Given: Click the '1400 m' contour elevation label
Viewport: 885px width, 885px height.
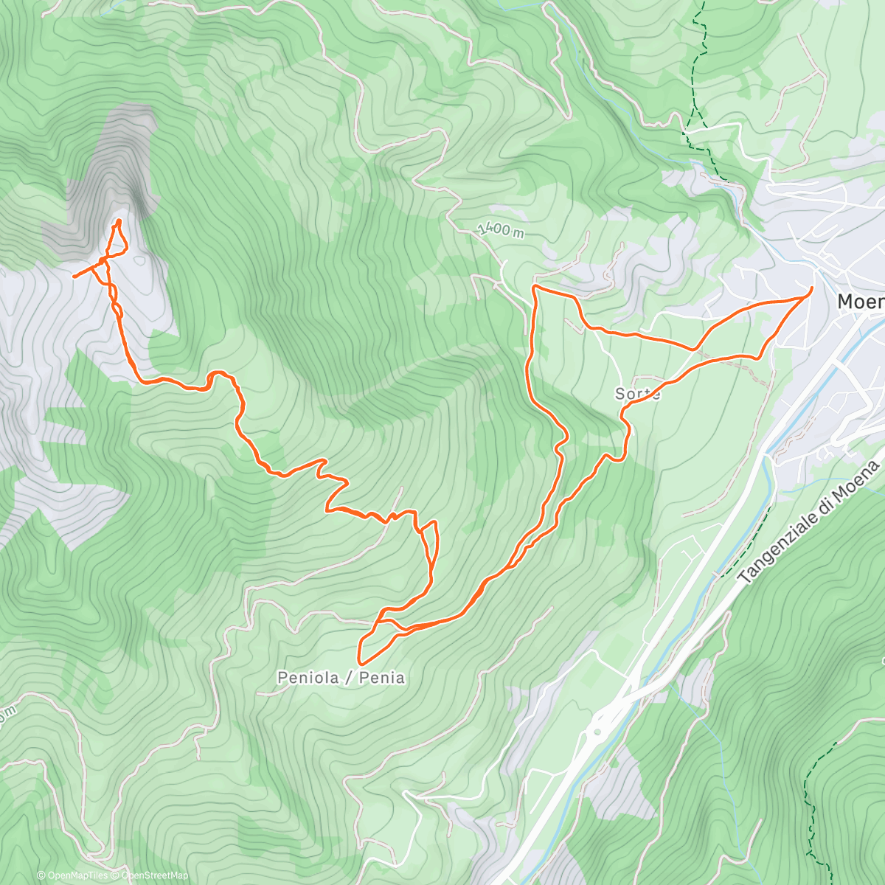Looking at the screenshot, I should click(501, 230).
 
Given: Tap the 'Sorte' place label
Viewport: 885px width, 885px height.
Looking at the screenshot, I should click(637, 394).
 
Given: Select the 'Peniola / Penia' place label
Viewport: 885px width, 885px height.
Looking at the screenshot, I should click(341, 677).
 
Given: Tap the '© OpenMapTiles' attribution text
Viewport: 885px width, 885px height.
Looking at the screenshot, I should click(72, 875).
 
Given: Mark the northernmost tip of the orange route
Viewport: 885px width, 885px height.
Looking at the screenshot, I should click(119, 221).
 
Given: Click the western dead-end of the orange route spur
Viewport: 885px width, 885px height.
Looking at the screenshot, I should click(74, 277).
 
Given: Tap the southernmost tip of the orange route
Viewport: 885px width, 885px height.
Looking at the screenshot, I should click(360, 664).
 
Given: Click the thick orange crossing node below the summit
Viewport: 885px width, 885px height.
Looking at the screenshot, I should click(103, 261).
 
